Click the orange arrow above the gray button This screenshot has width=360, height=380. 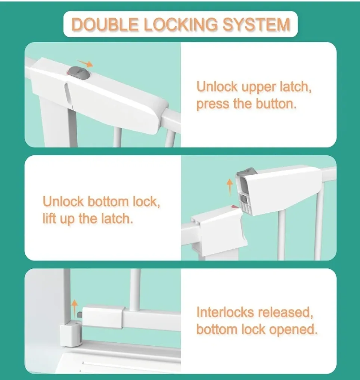pos(84,63)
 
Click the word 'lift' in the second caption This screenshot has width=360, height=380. pos(50,219)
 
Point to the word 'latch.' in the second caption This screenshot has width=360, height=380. pos(116,219)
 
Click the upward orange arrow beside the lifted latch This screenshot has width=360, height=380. pos(230,186)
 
